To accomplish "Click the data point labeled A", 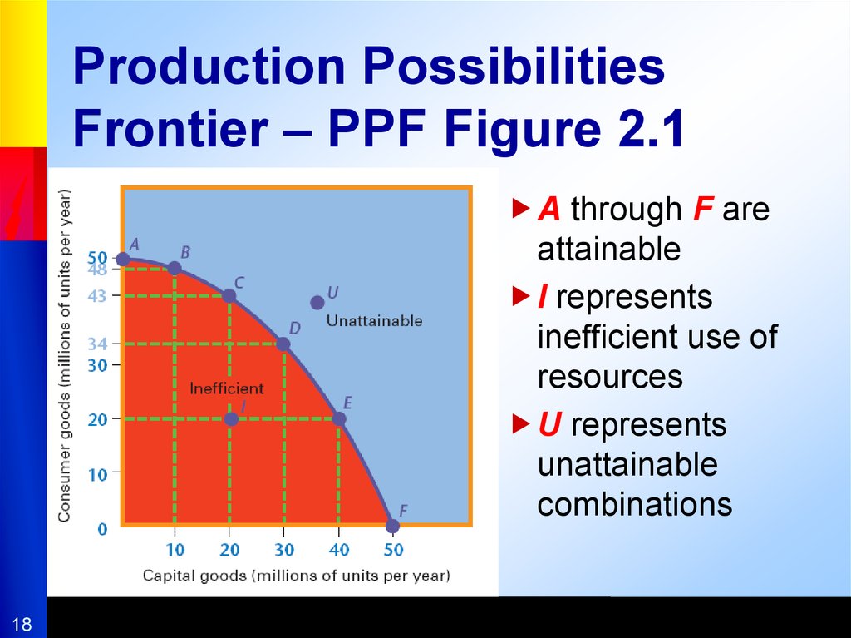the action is [123, 260].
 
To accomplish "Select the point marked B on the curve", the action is [175, 269].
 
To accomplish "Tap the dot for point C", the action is [229, 296].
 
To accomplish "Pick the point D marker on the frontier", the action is [283, 344].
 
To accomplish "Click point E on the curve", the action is [339, 419].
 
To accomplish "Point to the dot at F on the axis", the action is [392, 526].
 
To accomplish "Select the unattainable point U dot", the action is [317, 303].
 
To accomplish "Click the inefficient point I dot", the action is [231, 419].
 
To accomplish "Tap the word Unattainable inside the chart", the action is [375, 320].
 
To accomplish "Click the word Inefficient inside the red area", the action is [227, 388].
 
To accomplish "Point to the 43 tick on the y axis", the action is [98, 296].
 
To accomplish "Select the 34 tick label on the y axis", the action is [98, 344].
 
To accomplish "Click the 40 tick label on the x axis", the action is [339, 550].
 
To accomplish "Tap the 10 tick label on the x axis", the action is [175, 550].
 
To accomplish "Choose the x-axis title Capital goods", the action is [297, 576].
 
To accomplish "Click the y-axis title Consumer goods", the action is [64, 356].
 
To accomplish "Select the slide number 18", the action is [22, 624].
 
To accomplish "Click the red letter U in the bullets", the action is [550, 424].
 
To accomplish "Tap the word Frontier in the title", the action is [170, 129].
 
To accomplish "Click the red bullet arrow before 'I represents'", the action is [521, 297].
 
